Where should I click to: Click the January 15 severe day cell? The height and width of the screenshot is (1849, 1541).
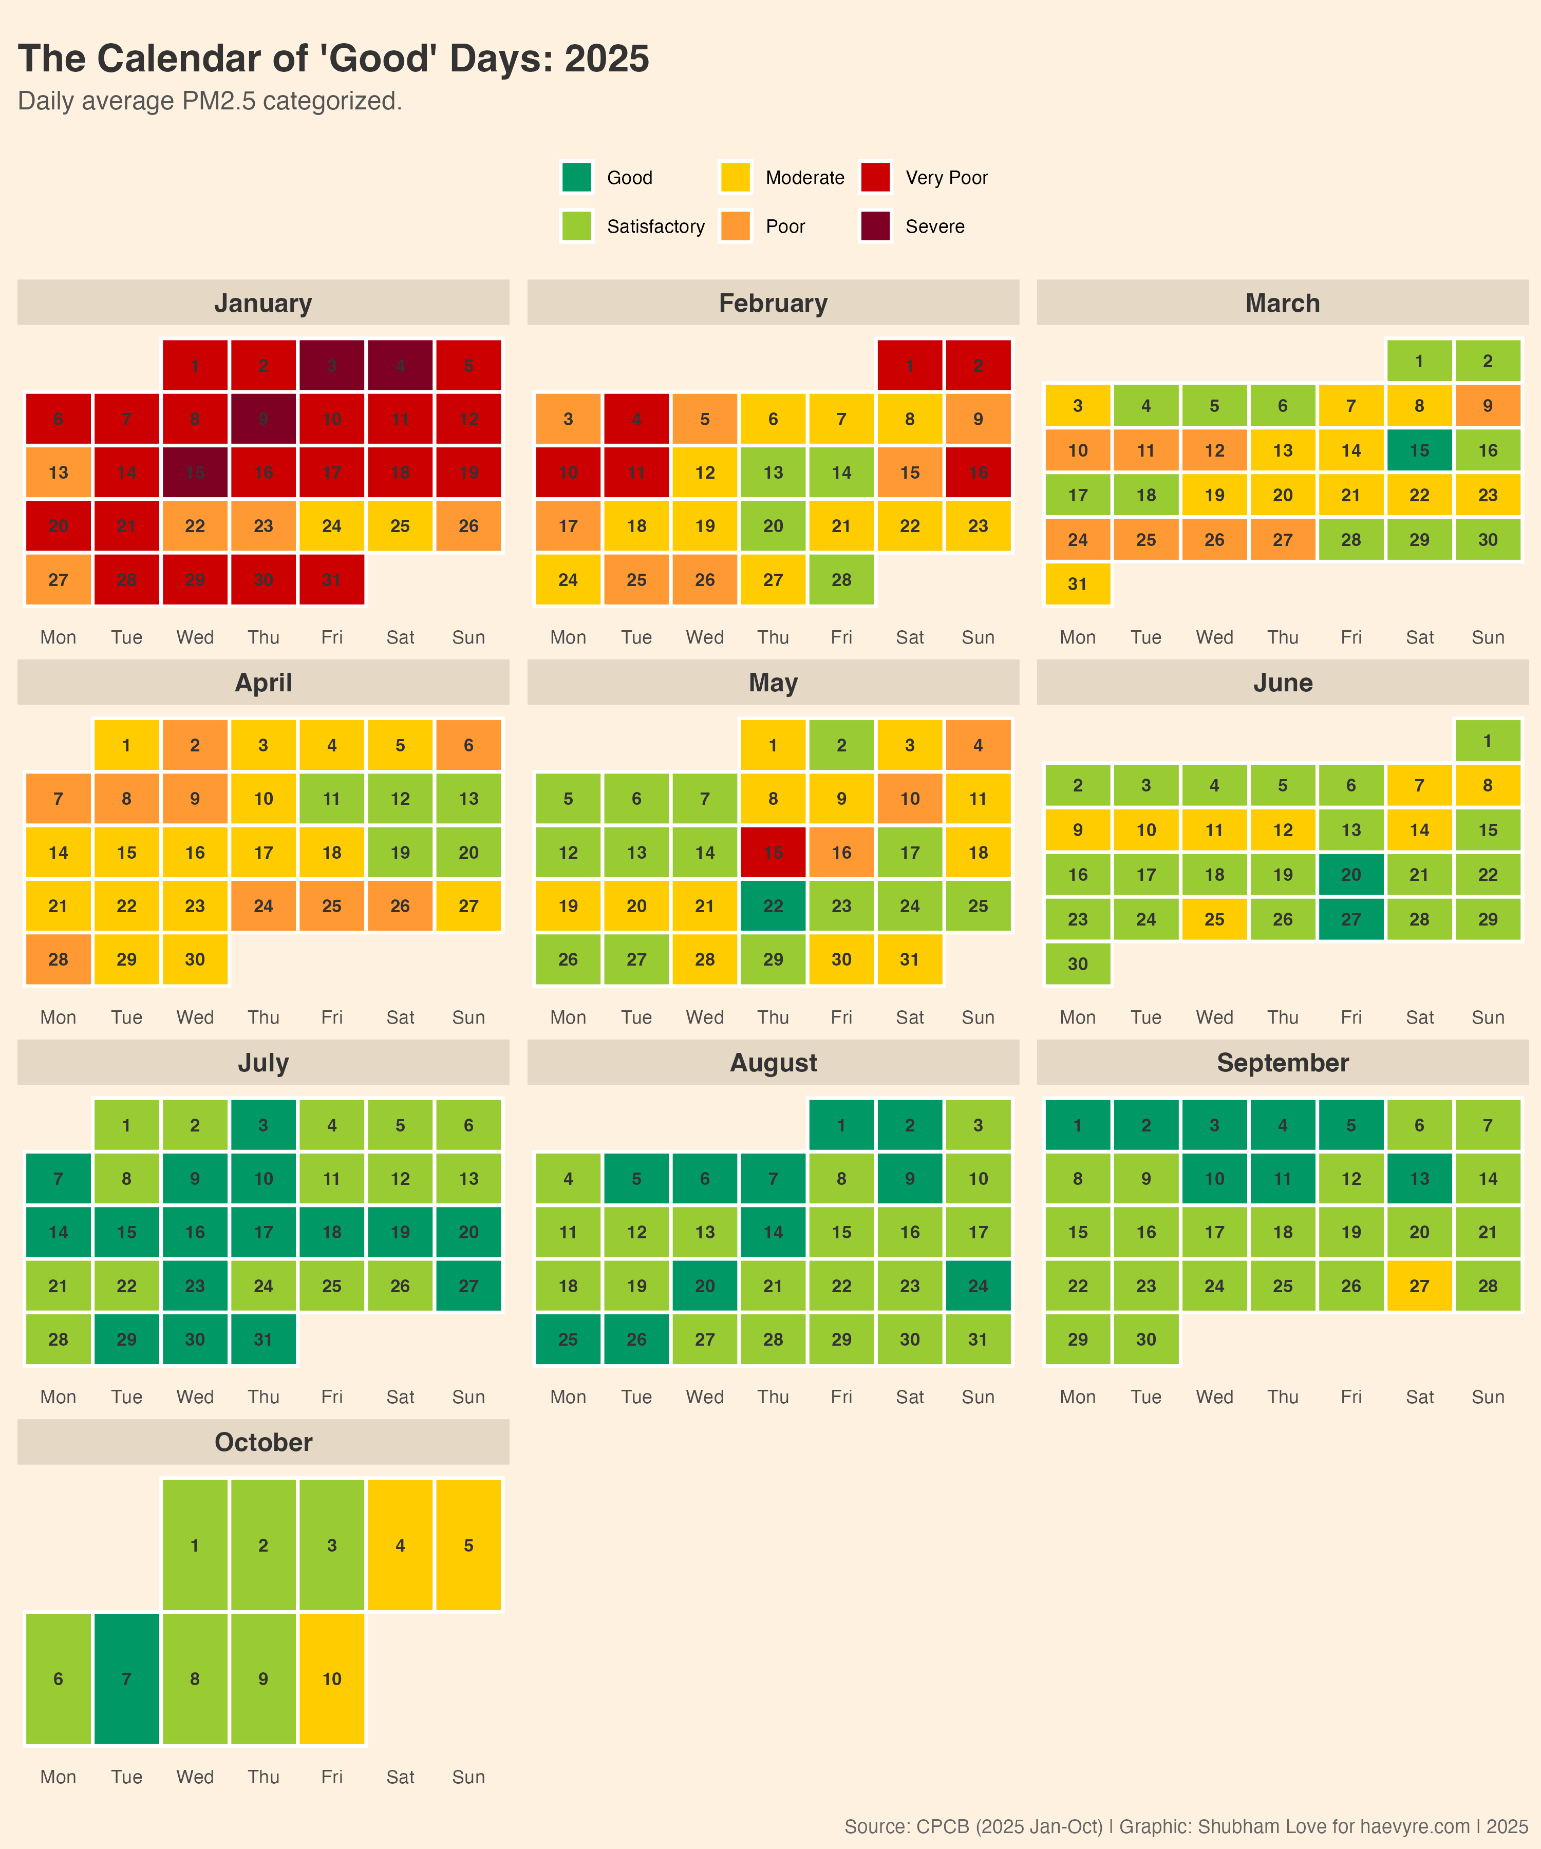click(195, 473)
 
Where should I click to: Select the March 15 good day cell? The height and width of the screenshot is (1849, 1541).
click(1419, 451)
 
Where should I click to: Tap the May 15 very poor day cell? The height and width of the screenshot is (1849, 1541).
click(773, 852)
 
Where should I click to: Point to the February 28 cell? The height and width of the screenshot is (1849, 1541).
click(841, 579)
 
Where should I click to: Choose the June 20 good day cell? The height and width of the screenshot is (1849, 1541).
click(1351, 874)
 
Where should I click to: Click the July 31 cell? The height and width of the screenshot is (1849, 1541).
click(264, 1339)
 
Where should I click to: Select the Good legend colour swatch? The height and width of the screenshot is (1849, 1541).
click(577, 177)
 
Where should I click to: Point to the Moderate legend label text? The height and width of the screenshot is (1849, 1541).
click(805, 178)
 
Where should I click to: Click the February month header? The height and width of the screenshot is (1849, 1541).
click(773, 303)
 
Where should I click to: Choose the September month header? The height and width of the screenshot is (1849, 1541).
click(1282, 1063)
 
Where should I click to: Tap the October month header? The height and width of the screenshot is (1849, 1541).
click(264, 1442)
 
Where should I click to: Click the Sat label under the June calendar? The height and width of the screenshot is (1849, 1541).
click(1419, 1017)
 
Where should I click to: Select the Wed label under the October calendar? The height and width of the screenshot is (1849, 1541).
click(195, 1777)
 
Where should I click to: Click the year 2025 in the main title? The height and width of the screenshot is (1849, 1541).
click(607, 59)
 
